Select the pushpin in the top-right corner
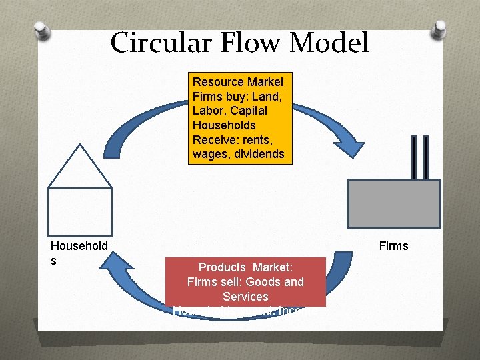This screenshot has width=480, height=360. coord(439,29)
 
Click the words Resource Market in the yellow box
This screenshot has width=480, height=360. coord(238,82)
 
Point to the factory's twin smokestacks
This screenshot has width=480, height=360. coord(419,157)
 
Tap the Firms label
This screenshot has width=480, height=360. coord(393,246)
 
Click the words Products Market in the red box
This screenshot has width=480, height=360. coord(245,267)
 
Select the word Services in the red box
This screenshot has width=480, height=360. coord(245,296)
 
